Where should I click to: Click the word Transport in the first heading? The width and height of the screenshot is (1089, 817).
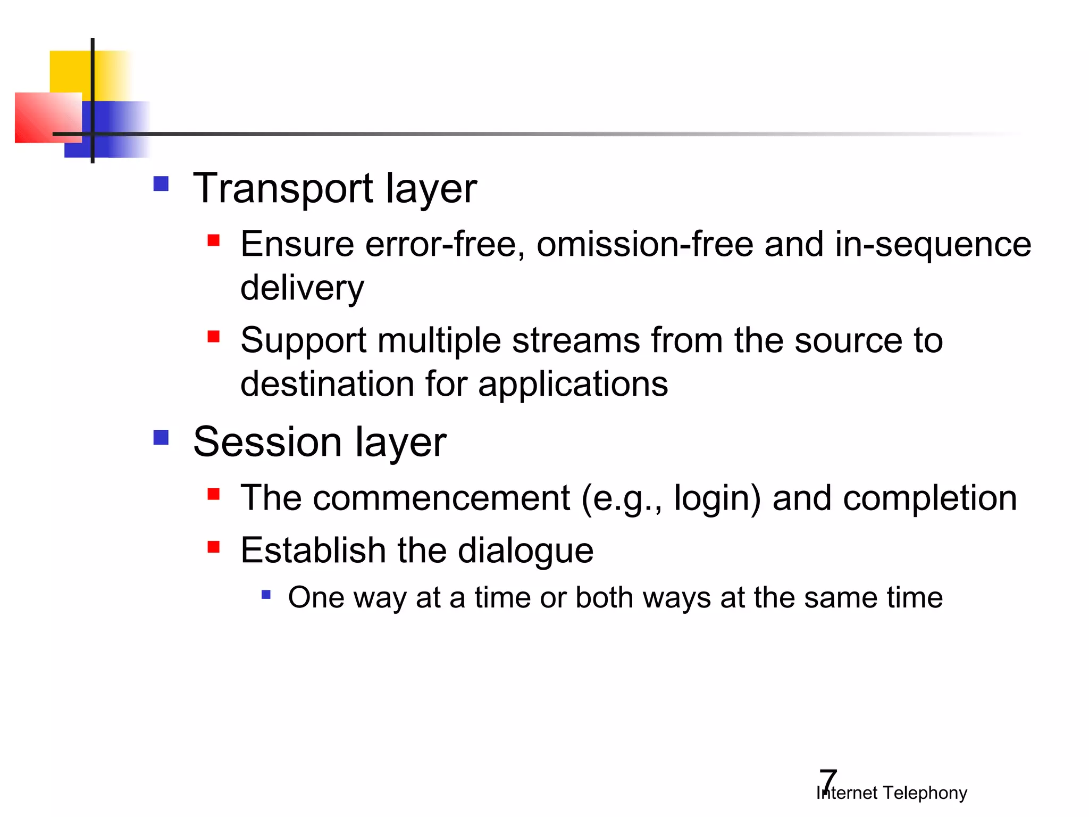[x=283, y=189]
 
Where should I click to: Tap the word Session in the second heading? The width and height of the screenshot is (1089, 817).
[x=267, y=442]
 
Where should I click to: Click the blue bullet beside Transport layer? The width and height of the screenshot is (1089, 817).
[x=161, y=184]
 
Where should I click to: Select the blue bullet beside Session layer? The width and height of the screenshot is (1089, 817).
[x=161, y=437]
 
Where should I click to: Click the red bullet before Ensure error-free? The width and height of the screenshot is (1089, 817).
[x=214, y=240]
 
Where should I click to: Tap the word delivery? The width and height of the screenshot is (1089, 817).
[x=302, y=288]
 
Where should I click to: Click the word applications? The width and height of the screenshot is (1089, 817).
[x=573, y=384]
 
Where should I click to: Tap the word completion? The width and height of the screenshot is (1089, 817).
[x=929, y=498]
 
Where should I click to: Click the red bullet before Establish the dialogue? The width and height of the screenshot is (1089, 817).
[x=214, y=547]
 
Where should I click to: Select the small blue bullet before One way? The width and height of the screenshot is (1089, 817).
[x=266, y=594]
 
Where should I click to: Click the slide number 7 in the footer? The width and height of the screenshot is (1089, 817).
[x=828, y=780]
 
